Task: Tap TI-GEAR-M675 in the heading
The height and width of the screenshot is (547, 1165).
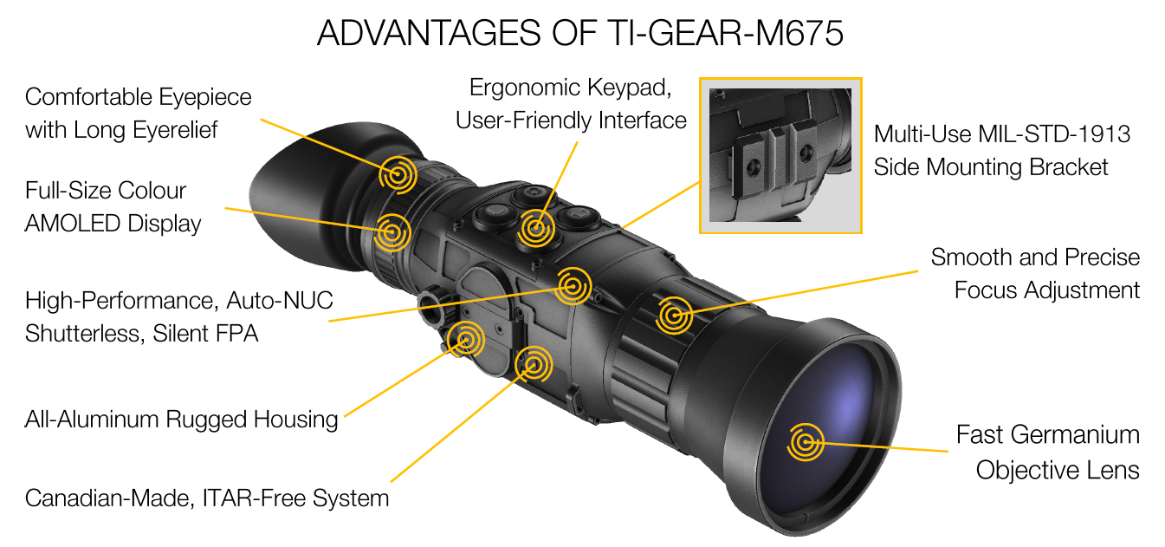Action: coord(725,33)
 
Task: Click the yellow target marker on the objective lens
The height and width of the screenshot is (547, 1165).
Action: coord(806,442)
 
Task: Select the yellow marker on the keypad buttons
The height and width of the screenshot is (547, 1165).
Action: coord(535,228)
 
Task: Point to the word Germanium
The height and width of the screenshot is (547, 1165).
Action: coord(1076,435)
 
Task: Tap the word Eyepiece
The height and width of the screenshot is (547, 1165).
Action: coord(205,98)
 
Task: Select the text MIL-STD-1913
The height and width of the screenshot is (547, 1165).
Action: coord(1054,134)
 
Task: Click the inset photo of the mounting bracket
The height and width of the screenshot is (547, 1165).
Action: coord(780,155)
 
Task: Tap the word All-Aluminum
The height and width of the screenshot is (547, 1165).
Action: coord(92,420)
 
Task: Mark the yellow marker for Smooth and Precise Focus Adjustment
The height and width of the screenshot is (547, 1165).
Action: coord(674,315)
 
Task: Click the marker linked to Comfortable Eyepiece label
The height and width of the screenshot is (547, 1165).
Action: coord(398,174)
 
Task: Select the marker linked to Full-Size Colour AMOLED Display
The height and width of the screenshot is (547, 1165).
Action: coord(392,232)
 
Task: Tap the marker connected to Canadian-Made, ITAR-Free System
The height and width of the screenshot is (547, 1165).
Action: coord(533,364)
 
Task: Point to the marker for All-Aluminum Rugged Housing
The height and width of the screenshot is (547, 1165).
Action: coord(466,339)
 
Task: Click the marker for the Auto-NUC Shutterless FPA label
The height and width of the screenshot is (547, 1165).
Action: coord(573,286)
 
